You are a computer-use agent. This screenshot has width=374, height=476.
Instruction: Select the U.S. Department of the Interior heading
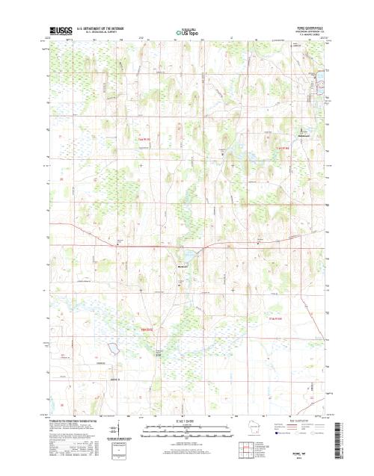104,28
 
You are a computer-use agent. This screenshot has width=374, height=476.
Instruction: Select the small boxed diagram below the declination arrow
115,450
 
